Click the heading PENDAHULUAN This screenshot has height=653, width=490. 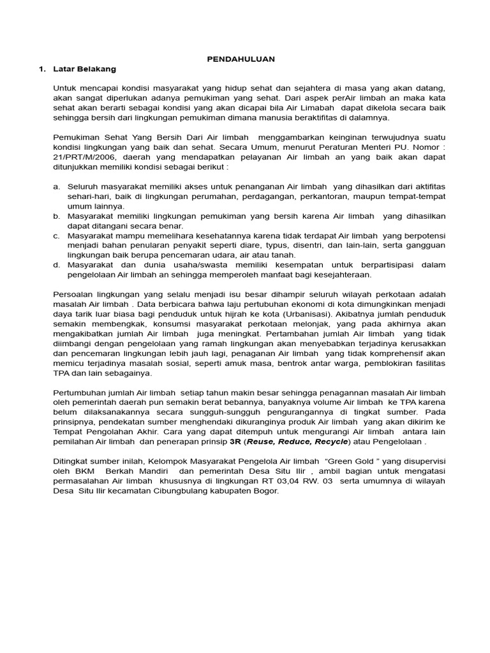tap(241, 59)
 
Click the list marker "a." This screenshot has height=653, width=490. tap(57, 186)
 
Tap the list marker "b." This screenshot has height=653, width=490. tap(57, 216)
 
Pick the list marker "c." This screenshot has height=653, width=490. tap(57, 235)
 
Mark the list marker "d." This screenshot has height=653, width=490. tap(57, 265)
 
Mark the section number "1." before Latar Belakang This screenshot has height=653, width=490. tap(42, 68)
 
